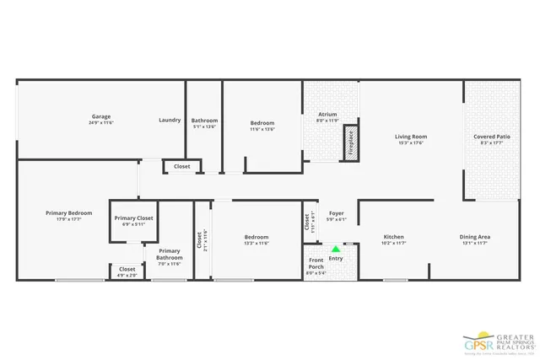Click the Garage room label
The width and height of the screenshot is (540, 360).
coord(101,116)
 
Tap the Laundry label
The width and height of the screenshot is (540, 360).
coord(170,120)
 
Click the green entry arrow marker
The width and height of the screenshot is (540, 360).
coord(336,249)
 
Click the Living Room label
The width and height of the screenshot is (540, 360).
coord(411,137)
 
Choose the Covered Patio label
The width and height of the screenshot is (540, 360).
coord(491,137)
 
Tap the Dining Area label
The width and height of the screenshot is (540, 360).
coord(475,237)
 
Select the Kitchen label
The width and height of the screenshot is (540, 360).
coord(394,237)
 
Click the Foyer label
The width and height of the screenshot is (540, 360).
coord(336,213)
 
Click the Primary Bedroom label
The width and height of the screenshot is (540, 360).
coord(68,213)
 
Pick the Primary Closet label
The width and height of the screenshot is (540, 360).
coord(134,218)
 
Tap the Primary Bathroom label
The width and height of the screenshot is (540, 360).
coord(169,254)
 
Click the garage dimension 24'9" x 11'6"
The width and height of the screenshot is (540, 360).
coord(101,123)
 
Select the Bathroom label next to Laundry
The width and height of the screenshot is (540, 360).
coord(204,120)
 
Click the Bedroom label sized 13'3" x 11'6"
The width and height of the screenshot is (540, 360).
coord(256,237)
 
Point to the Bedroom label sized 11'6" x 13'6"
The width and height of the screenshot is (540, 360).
coord(262,123)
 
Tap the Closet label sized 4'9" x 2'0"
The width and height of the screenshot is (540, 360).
coord(127,269)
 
